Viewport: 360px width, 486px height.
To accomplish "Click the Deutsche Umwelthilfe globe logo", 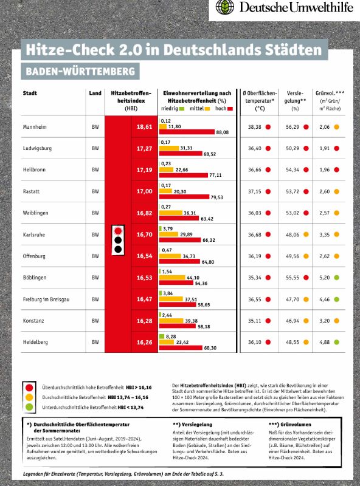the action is tap(224, 7).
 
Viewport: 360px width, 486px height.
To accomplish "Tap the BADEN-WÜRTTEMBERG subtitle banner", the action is tap(80, 71).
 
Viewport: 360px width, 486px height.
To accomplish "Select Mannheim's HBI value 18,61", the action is tap(145, 127).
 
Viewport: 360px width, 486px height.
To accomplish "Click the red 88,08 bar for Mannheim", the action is tap(187, 132).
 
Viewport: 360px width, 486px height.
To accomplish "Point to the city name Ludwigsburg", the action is tap(37, 148).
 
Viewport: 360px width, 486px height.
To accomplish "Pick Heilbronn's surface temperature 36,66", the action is tap(254, 170).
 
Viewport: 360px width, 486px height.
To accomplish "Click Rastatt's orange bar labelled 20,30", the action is tap(165, 191).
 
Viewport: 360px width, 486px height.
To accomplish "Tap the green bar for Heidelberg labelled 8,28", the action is tap(162, 337).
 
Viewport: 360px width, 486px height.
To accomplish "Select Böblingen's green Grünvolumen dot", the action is tap(336, 278).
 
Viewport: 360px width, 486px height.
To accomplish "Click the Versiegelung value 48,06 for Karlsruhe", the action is tap(292, 234).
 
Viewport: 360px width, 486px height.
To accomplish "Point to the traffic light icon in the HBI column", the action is tap(118, 240).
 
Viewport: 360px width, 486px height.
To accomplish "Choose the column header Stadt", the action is tap(30, 93).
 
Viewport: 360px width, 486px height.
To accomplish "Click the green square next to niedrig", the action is tap(182, 109).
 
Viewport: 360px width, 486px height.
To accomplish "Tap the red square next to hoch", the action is tap(230, 109).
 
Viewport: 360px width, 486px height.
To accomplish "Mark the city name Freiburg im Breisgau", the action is tap(46, 299).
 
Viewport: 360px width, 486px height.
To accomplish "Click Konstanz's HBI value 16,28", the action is tap(145, 321).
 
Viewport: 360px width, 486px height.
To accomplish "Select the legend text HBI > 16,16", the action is tap(139, 388).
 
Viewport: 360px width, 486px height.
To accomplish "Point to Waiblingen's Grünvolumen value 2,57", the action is tap(325, 213).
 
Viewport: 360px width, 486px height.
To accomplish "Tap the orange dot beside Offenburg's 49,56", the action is tap(306, 256).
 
